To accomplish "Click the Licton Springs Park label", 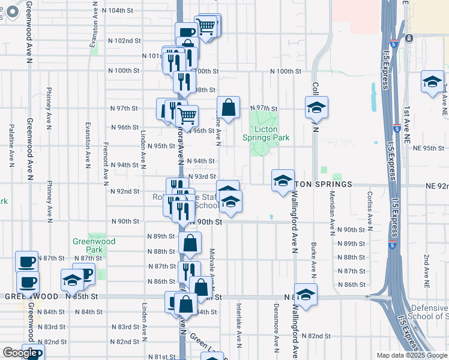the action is (x=266, y=133).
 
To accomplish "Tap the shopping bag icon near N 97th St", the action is (x=228, y=109).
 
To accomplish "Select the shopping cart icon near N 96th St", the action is (x=188, y=116).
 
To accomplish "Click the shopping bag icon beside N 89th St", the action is (x=190, y=244).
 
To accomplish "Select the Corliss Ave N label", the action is (x=370, y=210).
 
